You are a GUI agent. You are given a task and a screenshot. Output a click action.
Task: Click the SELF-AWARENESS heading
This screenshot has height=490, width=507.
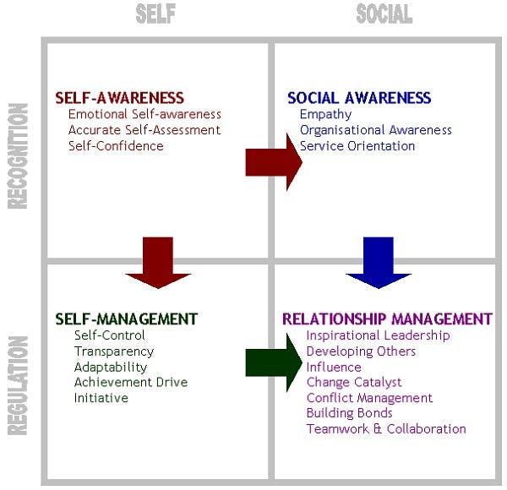(x=119, y=98)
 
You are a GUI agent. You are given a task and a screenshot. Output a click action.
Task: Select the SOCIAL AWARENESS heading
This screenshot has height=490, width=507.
(x=359, y=98)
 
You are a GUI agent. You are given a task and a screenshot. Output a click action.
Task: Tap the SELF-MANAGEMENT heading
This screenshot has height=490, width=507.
(x=126, y=318)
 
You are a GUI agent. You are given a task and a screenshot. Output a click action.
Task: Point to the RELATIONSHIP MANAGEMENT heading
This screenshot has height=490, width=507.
(x=386, y=318)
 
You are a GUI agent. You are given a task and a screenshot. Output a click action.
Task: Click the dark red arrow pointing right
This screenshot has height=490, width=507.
(x=272, y=162)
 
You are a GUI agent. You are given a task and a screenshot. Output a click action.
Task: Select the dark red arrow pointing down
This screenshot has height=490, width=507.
(x=158, y=263)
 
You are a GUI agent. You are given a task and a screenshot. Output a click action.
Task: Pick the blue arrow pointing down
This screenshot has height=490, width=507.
(x=378, y=263)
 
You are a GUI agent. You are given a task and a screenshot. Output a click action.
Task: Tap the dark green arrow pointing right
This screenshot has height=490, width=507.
(x=272, y=363)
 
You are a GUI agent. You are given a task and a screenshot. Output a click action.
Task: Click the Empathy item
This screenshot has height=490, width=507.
(x=325, y=114)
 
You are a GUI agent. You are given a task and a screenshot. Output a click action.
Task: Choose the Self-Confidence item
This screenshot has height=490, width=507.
(x=116, y=145)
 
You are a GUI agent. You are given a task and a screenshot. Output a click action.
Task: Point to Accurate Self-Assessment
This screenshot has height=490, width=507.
(x=144, y=130)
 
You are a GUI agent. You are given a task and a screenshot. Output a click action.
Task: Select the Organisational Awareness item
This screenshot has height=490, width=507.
(x=375, y=130)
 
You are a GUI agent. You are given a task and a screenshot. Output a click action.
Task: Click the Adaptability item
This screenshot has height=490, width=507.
(x=111, y=367)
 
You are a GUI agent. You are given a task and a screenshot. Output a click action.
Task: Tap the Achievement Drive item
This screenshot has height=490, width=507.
(x=131, y=382)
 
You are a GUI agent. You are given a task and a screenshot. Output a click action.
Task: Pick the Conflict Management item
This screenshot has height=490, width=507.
(x=369, y=398)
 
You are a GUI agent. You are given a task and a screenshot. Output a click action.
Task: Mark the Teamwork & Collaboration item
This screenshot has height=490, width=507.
(x=385, y=428)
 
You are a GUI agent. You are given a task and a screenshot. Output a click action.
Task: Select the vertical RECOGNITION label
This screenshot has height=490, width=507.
(x=18, y=155)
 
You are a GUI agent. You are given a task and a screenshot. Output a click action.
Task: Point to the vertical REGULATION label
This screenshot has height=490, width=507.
(x=18, y=384)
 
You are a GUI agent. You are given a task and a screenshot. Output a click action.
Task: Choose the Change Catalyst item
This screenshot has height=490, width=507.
(x=353, y=383)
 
